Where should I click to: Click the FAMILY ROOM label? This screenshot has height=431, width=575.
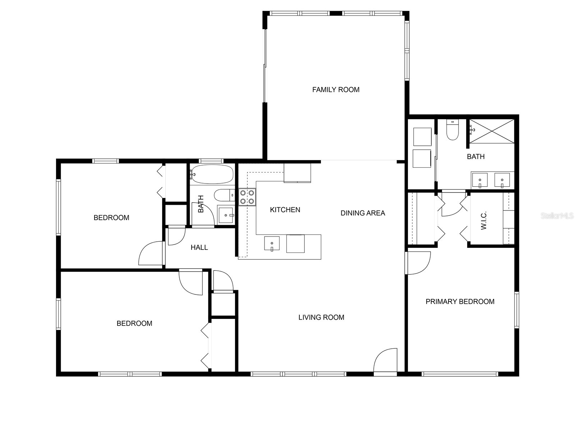tap(336, 90)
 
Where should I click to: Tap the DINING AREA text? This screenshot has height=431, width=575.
tap(363, 213)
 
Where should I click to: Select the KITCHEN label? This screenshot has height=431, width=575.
tap(285, 210)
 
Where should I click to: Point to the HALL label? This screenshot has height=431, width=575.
tap(199, 247)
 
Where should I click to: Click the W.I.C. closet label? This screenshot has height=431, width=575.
tap(483, 221)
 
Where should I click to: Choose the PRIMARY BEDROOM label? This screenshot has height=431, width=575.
tap(460, 302)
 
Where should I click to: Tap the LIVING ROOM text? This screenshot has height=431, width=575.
tap(321, 318)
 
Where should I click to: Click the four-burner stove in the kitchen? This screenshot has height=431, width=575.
tap(247, 197)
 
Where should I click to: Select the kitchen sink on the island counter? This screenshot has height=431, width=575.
tap(272, 244)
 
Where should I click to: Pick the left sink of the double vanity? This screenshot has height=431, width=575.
tap(479, 180)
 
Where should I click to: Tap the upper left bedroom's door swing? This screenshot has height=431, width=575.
tap(150, 254)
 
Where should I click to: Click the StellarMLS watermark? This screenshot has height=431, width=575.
tap(557, 216)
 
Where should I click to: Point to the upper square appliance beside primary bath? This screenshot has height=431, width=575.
tap(422, 136)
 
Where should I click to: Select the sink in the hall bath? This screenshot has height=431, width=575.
tap(226, 215)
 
